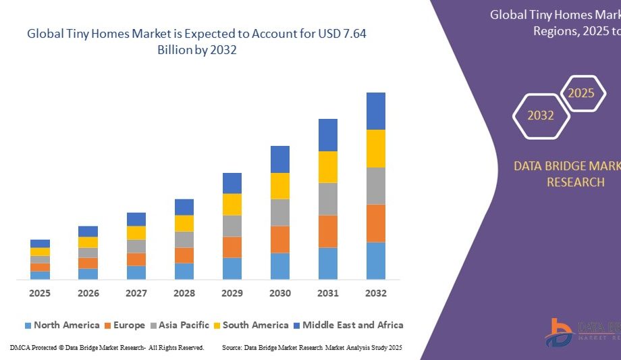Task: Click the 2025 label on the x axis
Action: tap(40, 293)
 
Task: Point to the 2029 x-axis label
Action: tap(232, 293)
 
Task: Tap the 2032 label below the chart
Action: tap(376, 293)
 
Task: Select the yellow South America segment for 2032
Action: tap(376, 149)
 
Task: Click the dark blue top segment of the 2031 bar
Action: tap(328, 135)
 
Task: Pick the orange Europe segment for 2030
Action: tap(280, 239)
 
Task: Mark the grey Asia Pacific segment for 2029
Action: tap(232, 226)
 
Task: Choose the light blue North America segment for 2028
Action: tap(184, 271)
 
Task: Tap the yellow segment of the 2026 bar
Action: tap(88, 242)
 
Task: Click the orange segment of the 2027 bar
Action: tap(136, 259)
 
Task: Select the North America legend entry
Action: tap(61, 326)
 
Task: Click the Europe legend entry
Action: tap(124, 326)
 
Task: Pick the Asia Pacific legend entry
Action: tap(179, 326)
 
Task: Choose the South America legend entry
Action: tap(250, 326)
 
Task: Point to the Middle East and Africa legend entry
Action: tap(348, 326)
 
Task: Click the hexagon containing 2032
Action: tap(541, 115)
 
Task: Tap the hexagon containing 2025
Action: tap(581, 93)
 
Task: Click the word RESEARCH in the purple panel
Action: tap(575, 182)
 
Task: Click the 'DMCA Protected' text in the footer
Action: tap(33, 347)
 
